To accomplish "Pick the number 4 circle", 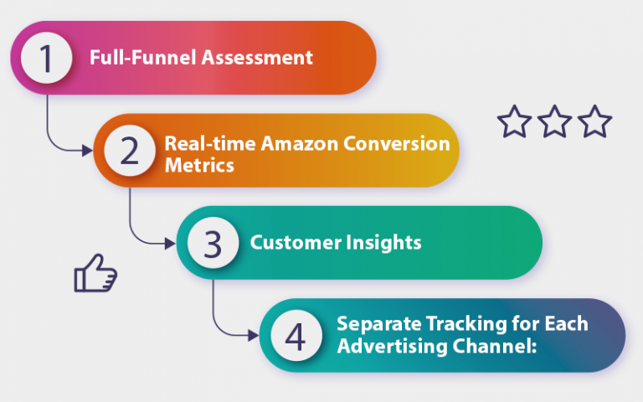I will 295,336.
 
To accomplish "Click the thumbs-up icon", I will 95,276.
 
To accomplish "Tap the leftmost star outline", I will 514,122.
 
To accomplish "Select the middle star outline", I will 554,122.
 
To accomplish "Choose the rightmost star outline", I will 595,122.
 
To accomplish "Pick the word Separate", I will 376,324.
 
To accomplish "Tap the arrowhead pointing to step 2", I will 88,151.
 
